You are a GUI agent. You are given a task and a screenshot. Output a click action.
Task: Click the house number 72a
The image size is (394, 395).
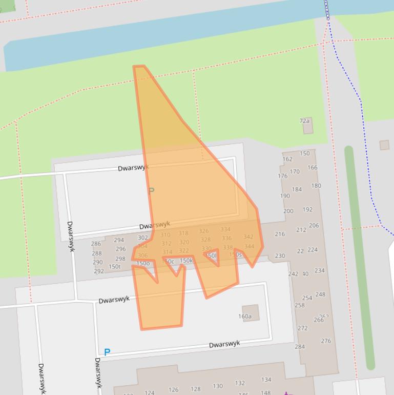(x=304, y=121)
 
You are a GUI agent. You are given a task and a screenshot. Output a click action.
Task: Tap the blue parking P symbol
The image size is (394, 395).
(x=107, y=352)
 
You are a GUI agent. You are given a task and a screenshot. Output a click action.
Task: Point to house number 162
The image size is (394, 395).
(x=287, y=159)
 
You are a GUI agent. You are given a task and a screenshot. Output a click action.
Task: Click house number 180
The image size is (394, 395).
(x=316, y=186)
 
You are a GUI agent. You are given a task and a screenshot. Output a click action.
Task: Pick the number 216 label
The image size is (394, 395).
(x=280, y=234)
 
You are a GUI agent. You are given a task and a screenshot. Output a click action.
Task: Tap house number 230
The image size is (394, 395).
(x=280, y=256)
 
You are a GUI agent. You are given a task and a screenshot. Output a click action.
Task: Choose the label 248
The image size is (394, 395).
(x=320, y=294)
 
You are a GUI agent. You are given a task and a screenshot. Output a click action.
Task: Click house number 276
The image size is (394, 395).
(x=326, y=341)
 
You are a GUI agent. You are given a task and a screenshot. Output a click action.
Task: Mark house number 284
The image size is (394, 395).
(x=300, y=347)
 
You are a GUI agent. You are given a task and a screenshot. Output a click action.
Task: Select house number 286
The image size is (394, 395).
(x=96, y=244)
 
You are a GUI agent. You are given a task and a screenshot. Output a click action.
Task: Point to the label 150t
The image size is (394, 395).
(x=115, y=267)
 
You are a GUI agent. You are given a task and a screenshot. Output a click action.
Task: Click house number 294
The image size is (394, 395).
(x=119, y=240)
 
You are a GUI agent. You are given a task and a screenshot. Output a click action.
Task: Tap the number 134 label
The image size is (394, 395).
(x=266, y=380)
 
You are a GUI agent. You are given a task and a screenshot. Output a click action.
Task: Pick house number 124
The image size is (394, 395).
(x=149, y=393)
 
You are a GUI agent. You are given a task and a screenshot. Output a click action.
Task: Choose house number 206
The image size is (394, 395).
(x=314, y=225)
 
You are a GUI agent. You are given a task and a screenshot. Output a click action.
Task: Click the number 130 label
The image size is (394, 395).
(x=218, y=386)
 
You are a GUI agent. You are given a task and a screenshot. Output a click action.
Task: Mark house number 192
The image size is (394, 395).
(x=307, y=209)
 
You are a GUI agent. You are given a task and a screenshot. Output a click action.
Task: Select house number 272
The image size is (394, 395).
(x=303, y=328)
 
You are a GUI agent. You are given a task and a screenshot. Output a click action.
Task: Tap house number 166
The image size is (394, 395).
(x=313, y=167)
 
